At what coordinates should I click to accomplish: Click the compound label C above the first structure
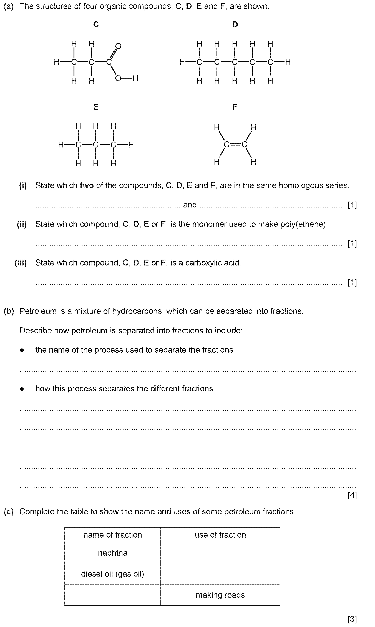(x=96, y=24)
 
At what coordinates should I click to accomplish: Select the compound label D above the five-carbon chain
(x=235, y=24)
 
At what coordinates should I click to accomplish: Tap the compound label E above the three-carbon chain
(x=96, y=107)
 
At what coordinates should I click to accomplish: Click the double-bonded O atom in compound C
(x=118, y=46)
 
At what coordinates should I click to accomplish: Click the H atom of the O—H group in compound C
(x=135, y=78)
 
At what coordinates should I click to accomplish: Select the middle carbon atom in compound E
(x=96, y=145)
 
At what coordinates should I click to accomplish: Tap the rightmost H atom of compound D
(x=288, y=62)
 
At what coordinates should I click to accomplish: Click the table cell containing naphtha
(x=113, y=553)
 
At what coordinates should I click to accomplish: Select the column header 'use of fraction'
(x=220, y=535)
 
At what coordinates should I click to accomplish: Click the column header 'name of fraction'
(x=113, y=535)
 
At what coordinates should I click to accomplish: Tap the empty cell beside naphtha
(x=220, y=553)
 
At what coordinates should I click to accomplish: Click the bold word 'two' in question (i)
(x=87, y=185)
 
